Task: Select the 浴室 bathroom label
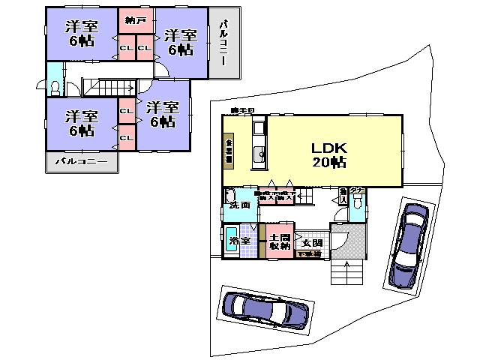[x=239, y=241]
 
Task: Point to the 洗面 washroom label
[x=241, y=204]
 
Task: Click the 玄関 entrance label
[x=311, y=242]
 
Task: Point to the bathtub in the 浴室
[x=232, y=242]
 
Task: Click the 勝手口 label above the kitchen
[x=243, y=111]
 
